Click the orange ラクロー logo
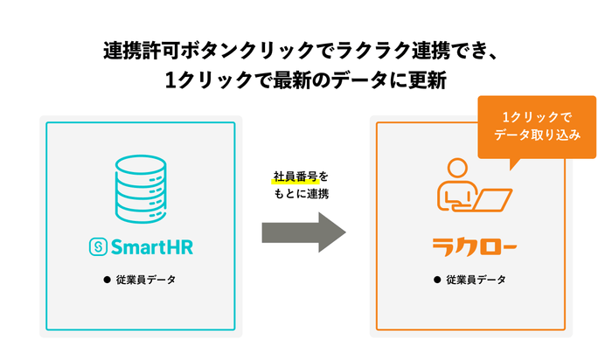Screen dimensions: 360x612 [471, 246]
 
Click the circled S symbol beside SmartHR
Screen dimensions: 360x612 [97, 247]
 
